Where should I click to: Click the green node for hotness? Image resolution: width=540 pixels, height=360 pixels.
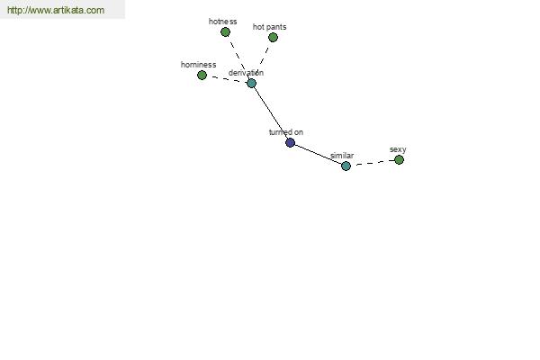[225, 32]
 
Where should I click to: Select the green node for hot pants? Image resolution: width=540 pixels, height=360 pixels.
[273, 37]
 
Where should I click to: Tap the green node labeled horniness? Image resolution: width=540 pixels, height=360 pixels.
[202, 75]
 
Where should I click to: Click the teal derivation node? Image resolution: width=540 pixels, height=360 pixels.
[251, 83]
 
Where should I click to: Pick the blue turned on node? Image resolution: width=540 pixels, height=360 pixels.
[291, 142]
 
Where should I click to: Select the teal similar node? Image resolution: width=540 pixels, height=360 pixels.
[346, 166]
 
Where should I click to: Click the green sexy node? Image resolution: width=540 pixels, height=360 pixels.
[399, 160]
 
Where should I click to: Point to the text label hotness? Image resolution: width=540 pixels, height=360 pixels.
[223, 22]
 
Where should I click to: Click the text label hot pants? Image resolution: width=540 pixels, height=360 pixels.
[269, 27]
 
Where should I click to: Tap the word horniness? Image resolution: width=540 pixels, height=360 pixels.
[198, 65]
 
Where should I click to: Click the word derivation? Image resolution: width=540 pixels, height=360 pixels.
[246, 73]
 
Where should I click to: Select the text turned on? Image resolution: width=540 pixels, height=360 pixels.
[286, 132]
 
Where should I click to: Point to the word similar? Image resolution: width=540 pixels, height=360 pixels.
[342, 156]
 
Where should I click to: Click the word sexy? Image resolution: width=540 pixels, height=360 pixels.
[398, 149]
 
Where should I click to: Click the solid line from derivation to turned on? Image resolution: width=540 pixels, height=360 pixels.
[271, 112]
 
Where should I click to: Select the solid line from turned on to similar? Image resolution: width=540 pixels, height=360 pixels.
[318, 154]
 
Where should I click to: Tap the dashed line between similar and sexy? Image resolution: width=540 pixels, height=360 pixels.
[373, 163]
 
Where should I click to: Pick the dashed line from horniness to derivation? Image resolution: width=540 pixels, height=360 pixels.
[227, 79]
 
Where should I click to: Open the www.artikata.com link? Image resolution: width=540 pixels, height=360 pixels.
[56, 10]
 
